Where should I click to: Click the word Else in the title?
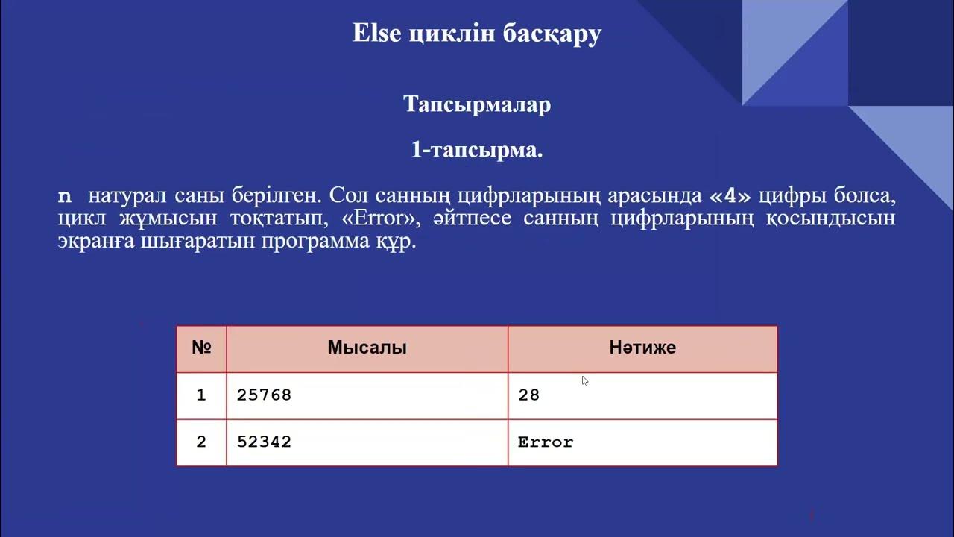click(x=377, y=34)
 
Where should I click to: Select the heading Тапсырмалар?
click(x=477, y=104)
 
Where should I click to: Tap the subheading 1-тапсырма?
click(x=477, y=150)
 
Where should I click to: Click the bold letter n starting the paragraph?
click(x=66, y=198)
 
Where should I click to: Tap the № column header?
click(x=201, y=348)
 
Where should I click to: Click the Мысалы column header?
click(x=367, y=348)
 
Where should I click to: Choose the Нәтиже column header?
click(x=642, y=348)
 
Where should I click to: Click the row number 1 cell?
click(x=201, y=395)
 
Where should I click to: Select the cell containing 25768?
click(x=265, y=395)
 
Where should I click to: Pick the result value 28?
click(x=528, y=395)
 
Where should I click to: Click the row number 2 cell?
click(x=201, y=442)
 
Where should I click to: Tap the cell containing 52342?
click(x=265, y=442)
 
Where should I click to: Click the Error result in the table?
click(x=546, y=442)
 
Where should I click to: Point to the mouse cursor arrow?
click(x=585, y=380)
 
